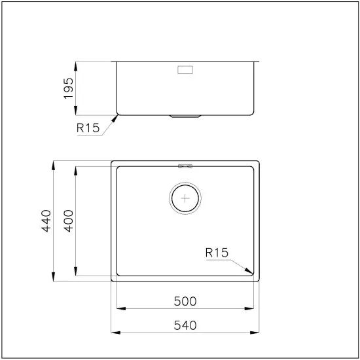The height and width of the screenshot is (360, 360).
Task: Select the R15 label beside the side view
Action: (88, 129)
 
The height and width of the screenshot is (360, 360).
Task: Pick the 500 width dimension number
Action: (186, 301)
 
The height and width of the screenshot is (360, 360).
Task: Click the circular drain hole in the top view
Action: (186, 197)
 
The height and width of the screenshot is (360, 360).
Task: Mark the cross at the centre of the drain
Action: (186, 197)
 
